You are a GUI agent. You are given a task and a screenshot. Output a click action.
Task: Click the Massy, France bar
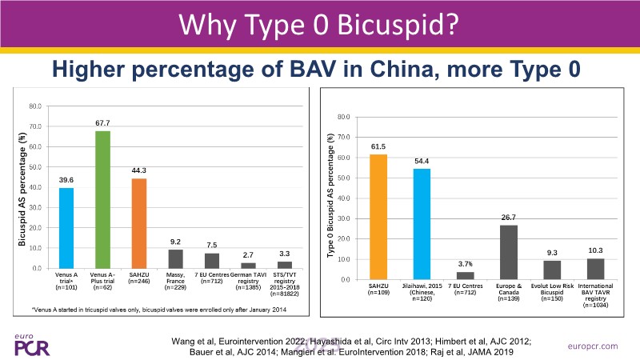175,258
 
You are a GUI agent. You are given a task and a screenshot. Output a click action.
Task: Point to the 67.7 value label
102,123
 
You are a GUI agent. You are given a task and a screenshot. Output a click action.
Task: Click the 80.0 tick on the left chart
36,106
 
